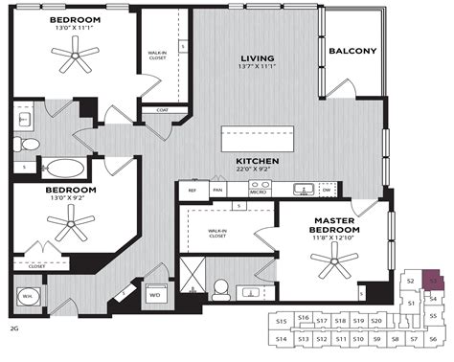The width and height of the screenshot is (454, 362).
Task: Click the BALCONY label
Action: [x=352, y=51]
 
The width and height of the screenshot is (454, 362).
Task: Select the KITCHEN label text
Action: [x=258, y=162]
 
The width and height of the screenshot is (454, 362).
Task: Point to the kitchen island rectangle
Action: [x=258, y=134]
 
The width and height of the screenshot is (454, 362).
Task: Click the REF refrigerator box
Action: [x=192, y=191]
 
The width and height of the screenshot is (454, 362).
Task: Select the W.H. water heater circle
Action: [x=29, y=295]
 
